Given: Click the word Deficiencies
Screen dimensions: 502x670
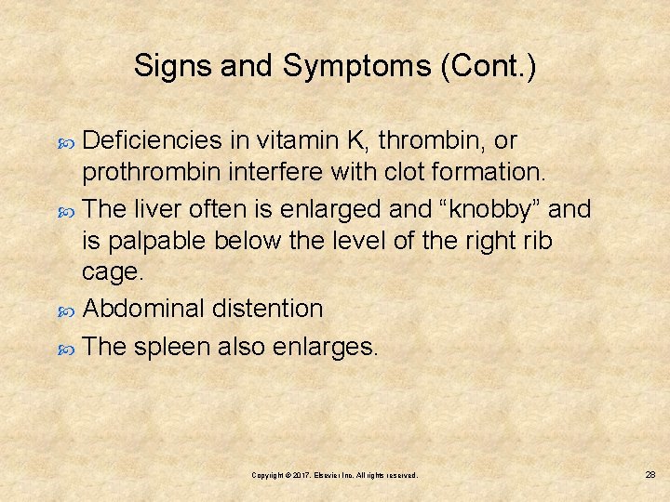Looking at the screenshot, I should coord(153,141).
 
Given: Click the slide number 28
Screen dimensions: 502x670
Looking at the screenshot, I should coord(650,474).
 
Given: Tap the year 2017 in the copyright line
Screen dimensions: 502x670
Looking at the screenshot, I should coord(301,475).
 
